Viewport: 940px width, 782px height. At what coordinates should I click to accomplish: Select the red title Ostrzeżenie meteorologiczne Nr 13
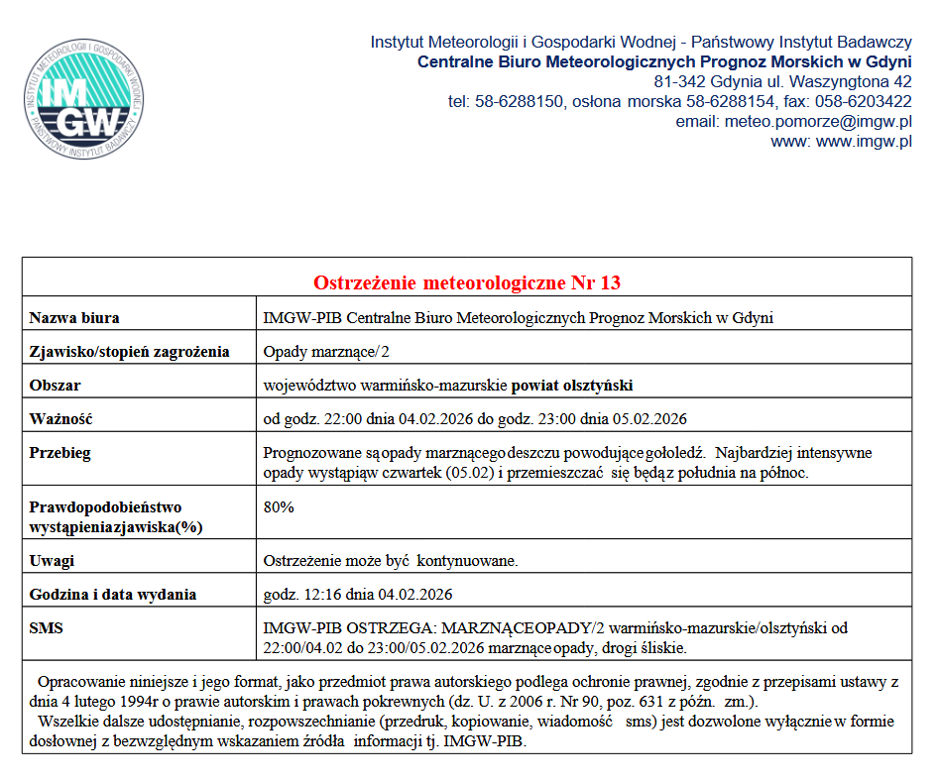(467, 283)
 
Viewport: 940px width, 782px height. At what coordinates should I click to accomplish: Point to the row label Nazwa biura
(74, 318)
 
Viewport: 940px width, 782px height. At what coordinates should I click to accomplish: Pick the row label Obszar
(56, 385)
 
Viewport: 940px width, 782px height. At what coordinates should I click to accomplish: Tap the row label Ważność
(60, 418)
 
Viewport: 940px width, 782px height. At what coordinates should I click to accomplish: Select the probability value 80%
(279, 506)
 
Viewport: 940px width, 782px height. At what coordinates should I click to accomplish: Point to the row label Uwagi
(52, 561)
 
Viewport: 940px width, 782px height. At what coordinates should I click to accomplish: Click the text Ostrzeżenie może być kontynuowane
(391, 561)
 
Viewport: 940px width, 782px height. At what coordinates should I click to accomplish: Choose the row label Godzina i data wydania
(112, 595)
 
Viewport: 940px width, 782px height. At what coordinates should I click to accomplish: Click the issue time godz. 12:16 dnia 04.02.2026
(358, 595)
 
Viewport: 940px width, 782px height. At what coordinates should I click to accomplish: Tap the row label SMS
(46, 628)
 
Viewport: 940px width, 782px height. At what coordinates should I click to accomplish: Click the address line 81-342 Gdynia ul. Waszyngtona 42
(782, 81)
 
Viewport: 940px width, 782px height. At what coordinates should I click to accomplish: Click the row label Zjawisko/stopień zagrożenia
(129, 352)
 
